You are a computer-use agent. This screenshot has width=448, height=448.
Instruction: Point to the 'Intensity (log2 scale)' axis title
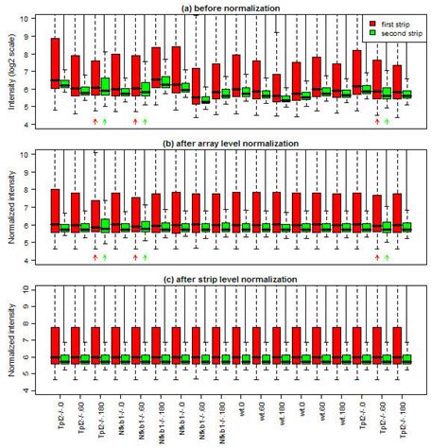coord(9,71)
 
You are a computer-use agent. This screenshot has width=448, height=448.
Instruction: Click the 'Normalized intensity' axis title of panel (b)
coord(9,205)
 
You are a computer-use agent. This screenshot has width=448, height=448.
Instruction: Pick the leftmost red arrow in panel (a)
coord(95,122)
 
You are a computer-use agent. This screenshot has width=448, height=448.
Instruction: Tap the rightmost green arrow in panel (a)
coord(387,122)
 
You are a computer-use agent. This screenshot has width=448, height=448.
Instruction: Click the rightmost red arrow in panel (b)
coord(377,257)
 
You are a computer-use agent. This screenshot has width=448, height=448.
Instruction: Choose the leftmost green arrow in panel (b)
coord(105,257)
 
